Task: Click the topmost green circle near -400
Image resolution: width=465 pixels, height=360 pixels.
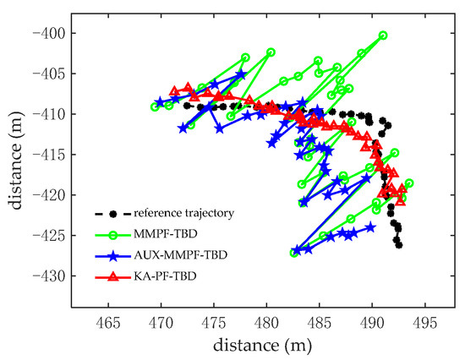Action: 383,35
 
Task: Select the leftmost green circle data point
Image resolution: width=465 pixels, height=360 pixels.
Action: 155,107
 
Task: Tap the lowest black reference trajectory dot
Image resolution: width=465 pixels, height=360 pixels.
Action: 399,245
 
